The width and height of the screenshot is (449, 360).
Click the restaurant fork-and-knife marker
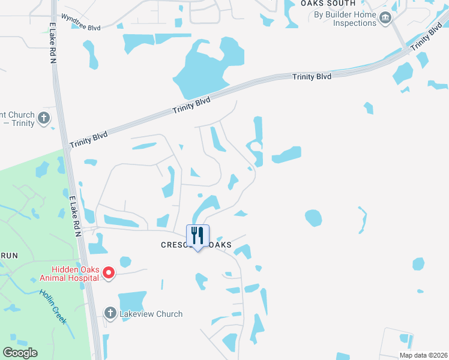click(198, 236)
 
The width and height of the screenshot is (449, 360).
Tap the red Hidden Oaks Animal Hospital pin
click(109, 274)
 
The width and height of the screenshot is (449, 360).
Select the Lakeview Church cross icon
click(110, 313)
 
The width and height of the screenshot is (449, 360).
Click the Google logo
click(20, 353)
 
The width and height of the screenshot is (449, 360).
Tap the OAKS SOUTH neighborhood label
click(324, 4)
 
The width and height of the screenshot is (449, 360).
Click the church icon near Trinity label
click(43, 118)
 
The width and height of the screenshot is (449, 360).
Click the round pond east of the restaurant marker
click(313, 217)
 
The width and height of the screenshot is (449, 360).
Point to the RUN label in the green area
click(9, 255)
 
